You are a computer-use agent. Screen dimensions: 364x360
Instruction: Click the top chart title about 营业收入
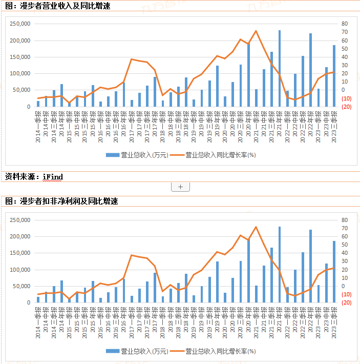(57, 6)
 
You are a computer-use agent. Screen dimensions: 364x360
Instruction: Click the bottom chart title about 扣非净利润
(61, 201)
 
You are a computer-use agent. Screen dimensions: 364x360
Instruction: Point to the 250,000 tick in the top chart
(20, 24)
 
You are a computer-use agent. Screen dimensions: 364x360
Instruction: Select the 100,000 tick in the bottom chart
(20, 270)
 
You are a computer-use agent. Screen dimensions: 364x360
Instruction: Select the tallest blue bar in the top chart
(280, 69)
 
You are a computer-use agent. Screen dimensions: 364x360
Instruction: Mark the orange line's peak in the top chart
(256, 31)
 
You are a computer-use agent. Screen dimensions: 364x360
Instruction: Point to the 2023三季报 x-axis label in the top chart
(334, 126)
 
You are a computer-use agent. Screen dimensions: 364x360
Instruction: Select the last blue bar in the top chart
(334, 76)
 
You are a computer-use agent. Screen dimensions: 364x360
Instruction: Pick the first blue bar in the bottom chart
(38, 299)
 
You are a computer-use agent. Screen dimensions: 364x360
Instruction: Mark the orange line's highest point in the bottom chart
(256, 227)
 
